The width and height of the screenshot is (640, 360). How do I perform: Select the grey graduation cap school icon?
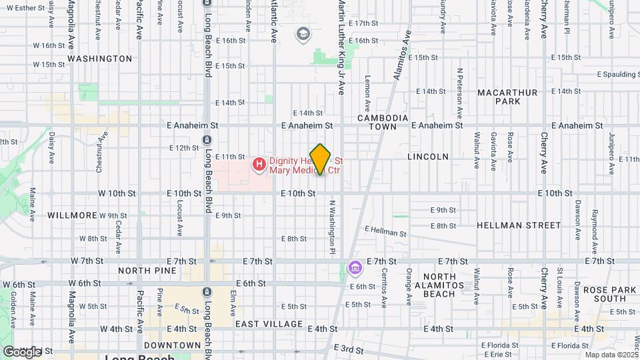(x=303, y=34)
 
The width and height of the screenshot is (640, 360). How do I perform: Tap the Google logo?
(x=21, y=351)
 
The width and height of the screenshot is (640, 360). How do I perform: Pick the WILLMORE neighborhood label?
(x=73, y=215)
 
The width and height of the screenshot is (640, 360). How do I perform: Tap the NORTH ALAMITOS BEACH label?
(x=449, y=285)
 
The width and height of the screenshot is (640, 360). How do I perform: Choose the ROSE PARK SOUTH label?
(x=609, y=295)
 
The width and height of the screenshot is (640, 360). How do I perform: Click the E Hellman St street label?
(x=385, y=231)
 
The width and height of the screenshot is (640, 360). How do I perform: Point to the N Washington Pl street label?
(x=331, y=227)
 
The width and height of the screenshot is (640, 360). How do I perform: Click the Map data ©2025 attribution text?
(x=611, y=355)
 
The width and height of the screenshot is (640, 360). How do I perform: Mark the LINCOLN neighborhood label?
(x=428, y=157)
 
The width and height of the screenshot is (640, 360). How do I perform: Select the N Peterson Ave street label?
(x=460, y=89)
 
